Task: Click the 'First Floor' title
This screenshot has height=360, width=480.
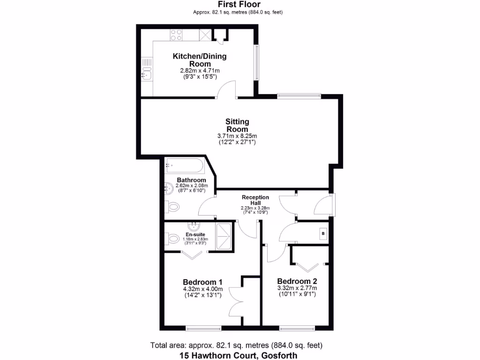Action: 240,5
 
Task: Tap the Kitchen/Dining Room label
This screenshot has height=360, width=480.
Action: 200,60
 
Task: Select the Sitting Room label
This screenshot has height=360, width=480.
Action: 237,125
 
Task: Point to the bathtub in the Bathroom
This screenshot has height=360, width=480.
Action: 184,165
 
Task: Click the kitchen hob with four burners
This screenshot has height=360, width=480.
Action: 176,35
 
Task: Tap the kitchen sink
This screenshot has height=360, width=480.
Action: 147,74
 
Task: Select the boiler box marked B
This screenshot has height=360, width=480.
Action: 323,232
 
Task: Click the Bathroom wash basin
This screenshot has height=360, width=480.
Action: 169,189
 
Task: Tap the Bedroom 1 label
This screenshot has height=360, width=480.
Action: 202,282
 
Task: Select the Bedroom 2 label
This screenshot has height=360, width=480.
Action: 297,281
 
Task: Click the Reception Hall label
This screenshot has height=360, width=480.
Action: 255,200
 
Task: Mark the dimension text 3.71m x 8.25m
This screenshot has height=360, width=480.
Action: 237,136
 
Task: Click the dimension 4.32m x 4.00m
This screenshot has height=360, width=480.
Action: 202,289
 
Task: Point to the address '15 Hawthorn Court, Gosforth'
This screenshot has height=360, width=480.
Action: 239,355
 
